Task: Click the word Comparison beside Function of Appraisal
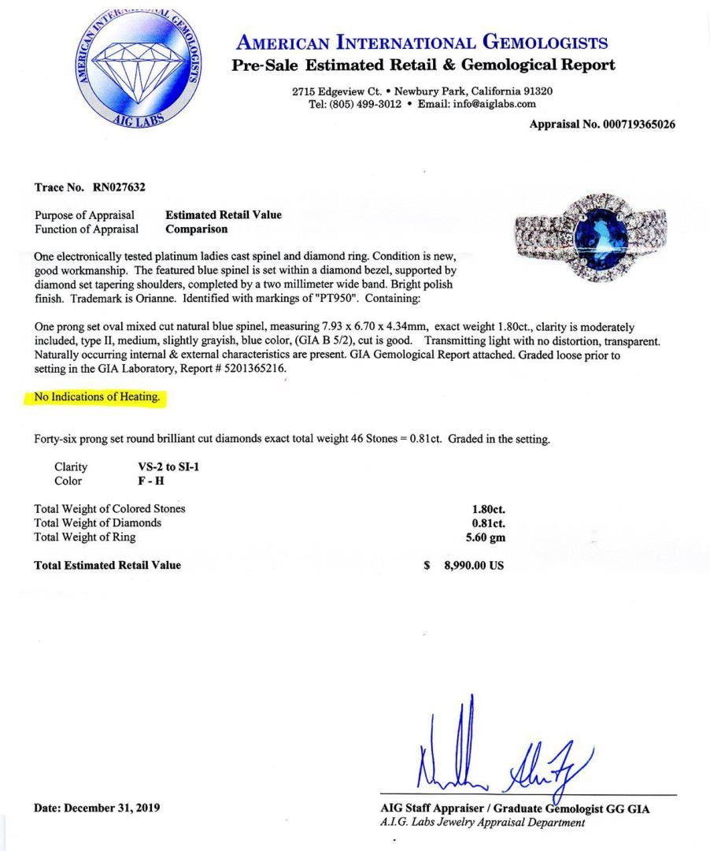coord(196,229)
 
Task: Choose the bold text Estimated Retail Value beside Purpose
coord(223,215)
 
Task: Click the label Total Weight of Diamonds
coord(98,523)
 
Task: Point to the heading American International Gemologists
coord(423,43)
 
